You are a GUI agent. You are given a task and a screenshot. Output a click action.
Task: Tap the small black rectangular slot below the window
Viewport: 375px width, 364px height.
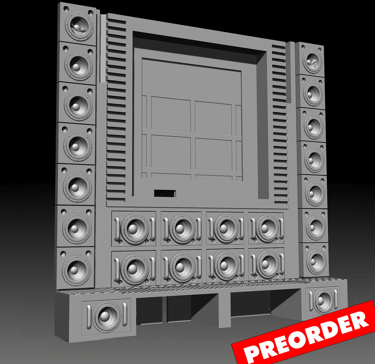click(x=165, y=193)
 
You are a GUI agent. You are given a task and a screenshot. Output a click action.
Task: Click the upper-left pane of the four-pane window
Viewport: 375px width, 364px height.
click(x=171, y=114)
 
